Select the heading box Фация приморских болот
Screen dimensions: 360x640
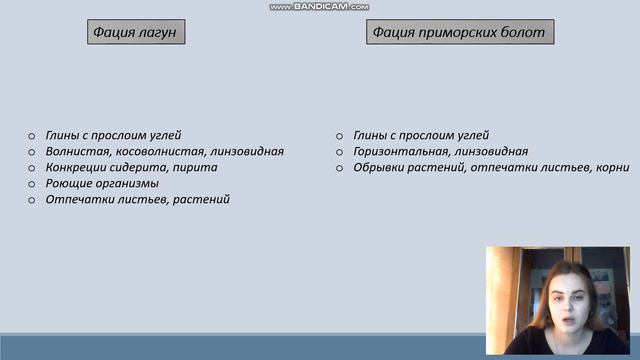pos(459,32)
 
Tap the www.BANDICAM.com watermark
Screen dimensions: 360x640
pos(319,6)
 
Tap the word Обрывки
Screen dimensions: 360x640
pos(378,167)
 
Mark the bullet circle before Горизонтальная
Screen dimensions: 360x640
pos(340,152)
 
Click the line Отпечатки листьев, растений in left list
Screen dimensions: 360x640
pos(138,199)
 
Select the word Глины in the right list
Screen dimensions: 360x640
pos(372,135)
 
